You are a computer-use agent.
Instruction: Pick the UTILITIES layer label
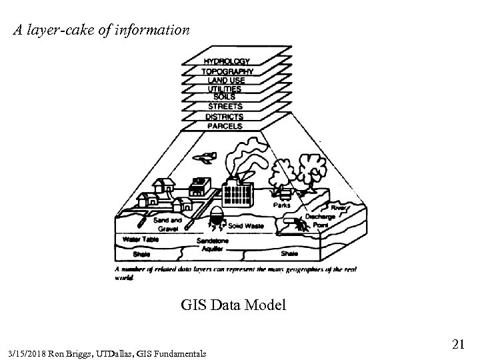point(225,89)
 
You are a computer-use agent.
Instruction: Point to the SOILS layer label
point(225,97)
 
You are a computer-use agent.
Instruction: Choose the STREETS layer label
point(225,106)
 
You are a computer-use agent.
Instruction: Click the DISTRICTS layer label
point(225,117)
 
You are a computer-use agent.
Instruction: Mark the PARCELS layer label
point(225,126)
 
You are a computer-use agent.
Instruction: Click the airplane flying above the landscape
point(205,158)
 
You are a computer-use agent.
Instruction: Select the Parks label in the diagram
point(283,206)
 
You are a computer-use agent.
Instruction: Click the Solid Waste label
point(246,226)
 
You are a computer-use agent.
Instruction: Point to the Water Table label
point(140,239)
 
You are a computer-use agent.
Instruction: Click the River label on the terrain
point(339,204)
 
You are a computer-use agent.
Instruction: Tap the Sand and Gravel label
point(167,223)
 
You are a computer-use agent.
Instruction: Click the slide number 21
point(457,344)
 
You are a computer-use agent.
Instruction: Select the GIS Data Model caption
point(233,305)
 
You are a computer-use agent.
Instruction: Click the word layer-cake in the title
point(60,30)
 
